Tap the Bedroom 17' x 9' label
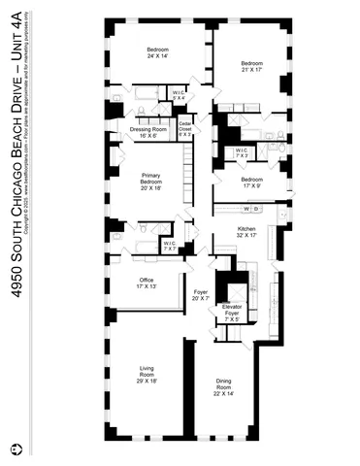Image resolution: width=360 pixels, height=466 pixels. coord(251,182)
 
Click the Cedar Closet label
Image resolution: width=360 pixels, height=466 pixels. coord(185,129)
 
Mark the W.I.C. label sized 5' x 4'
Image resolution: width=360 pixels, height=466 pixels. coord(179,96)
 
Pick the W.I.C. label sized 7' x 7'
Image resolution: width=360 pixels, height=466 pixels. coord(171,247)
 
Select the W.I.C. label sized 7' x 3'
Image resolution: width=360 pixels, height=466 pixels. coord(243,151)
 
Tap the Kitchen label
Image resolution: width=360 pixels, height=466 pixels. coord(246,232)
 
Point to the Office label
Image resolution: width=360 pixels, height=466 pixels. coord(147,283)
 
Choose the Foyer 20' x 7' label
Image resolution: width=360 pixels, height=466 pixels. coord(201,294)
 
